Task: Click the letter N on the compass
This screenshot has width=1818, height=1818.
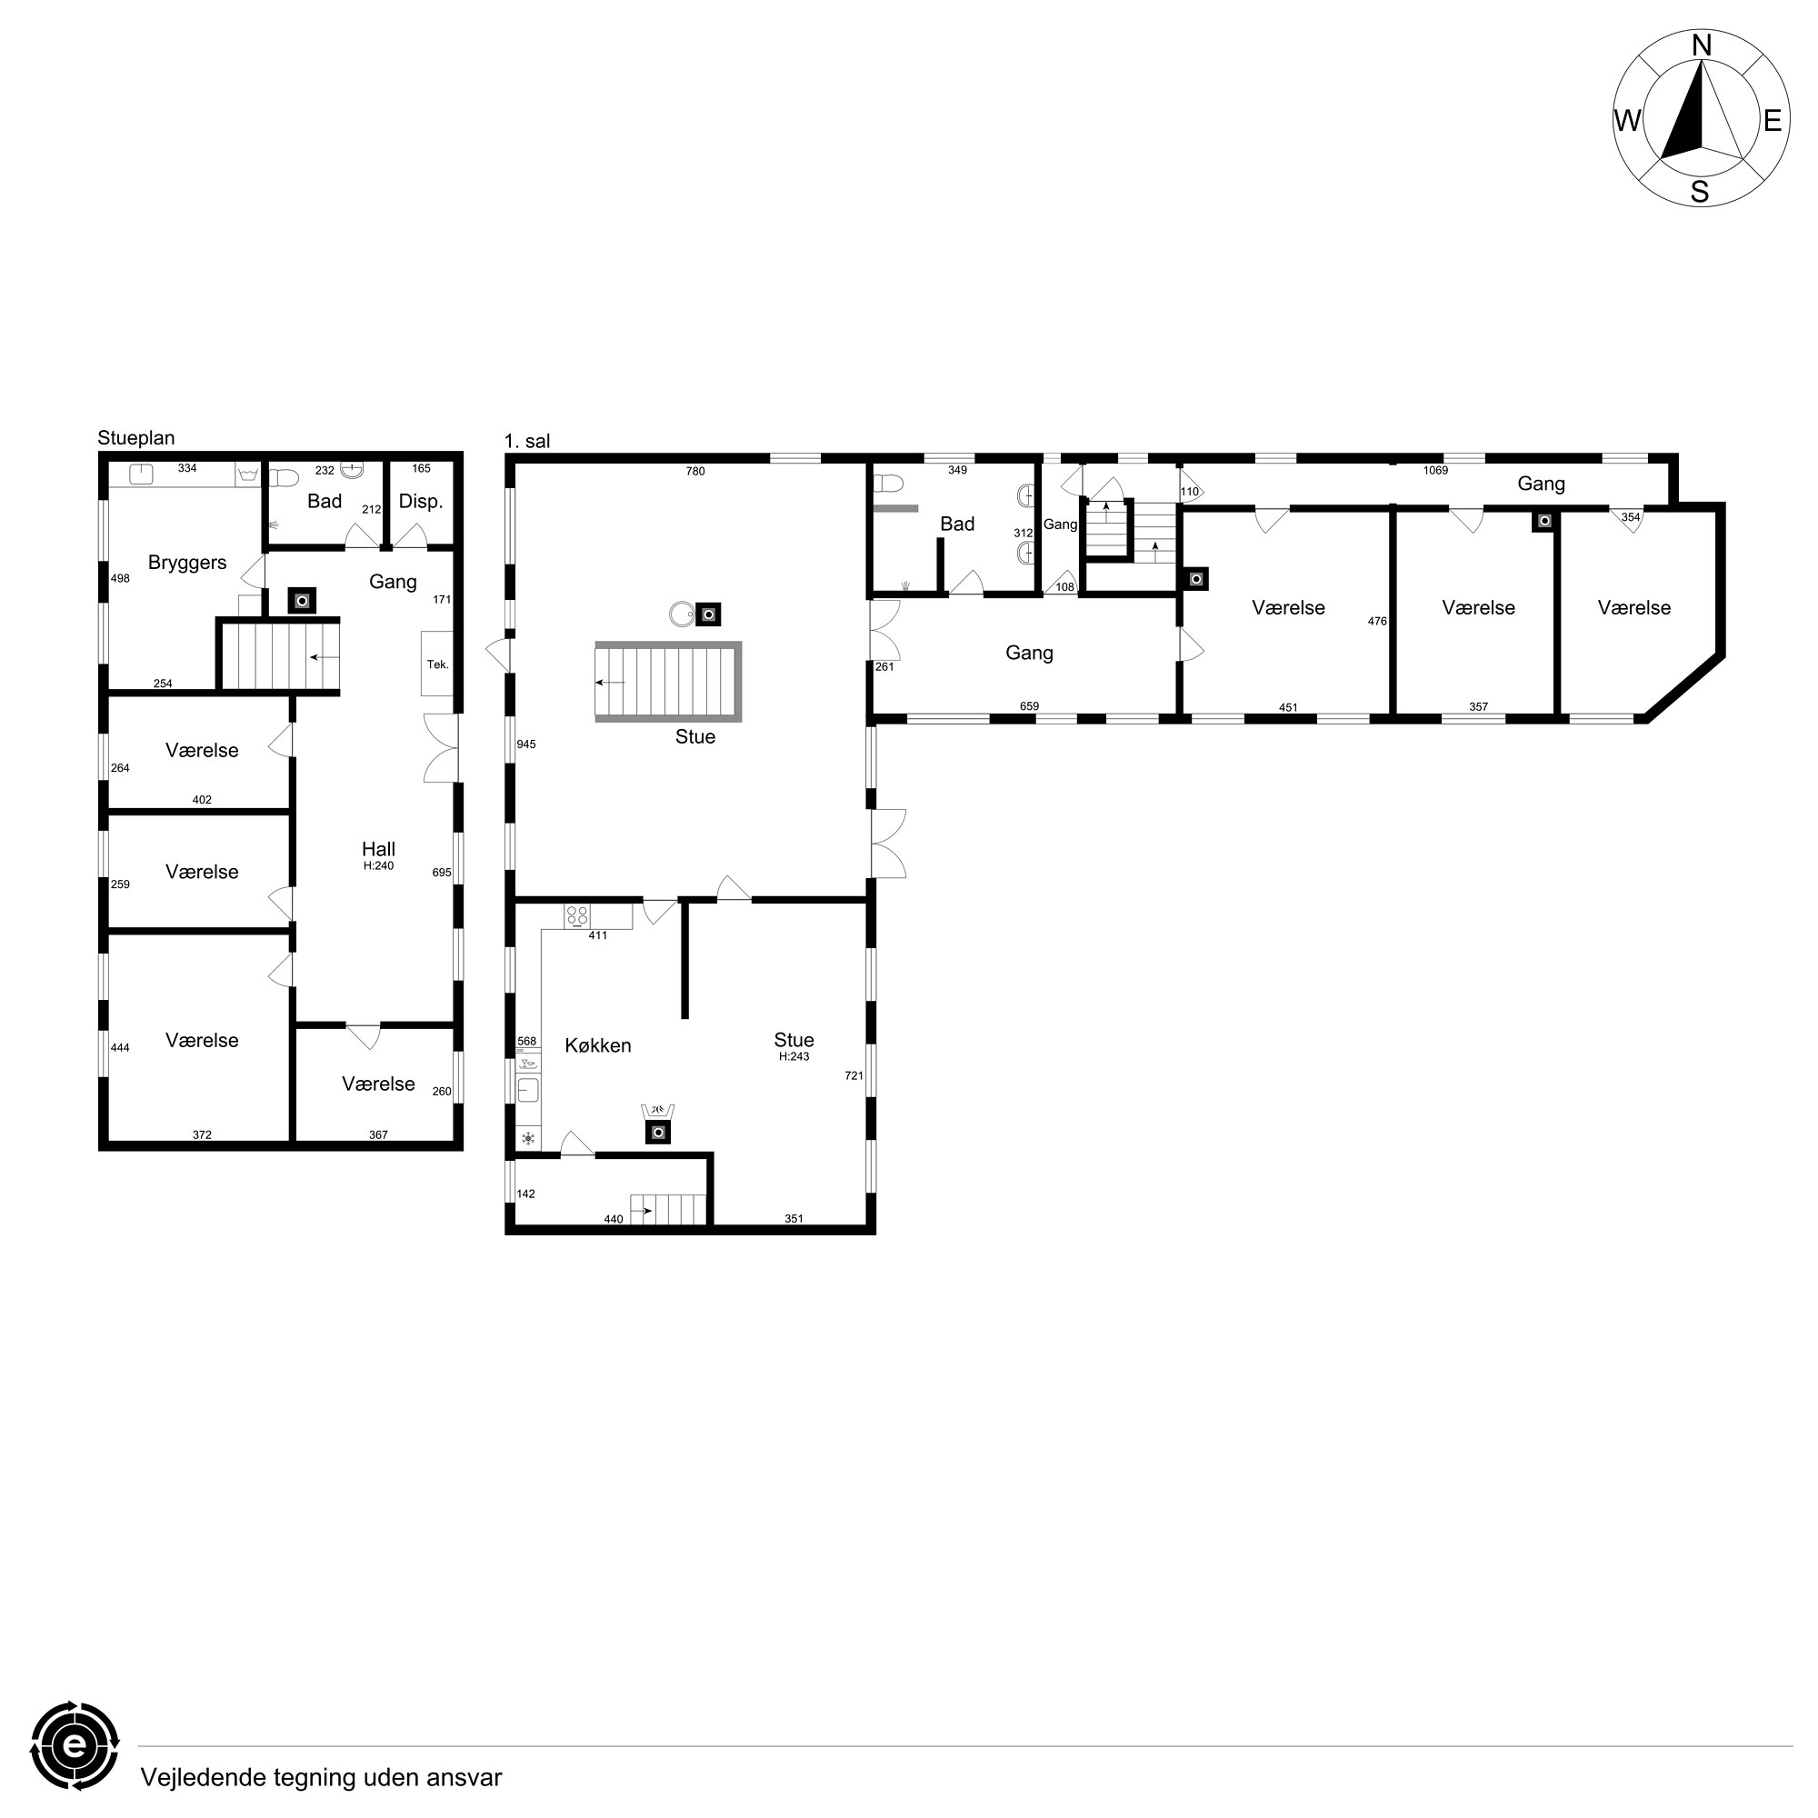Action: pyautogui.click(x=1702, y=45)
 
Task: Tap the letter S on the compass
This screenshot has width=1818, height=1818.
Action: pyautogui.click(x=1700, y=192)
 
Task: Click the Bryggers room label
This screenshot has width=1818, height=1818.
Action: pyautogui.click(x=187, y=563)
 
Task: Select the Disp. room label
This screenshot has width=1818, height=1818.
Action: pyautogui.click(x=421, y=502)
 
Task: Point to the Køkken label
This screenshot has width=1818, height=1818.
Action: pyautogui.click(x=597, y=1045)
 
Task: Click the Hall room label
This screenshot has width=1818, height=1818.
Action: pyautogui.click(x=378, y=849)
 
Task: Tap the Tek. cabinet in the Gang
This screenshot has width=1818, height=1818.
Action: pyautogui.click(x=437, y=663)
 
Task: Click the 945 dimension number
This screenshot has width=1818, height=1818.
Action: pyautogui.click(x=526, y=744)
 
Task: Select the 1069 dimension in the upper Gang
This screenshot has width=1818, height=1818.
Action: pyautogui.click(x=1435, y=471)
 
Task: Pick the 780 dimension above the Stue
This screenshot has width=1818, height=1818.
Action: pyautogui.click(x=695, y=472)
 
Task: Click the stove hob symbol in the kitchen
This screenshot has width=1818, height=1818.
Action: pyautogui.click(x=578, y=915)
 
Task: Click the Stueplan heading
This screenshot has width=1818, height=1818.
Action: pyautogui.click(x=136, y=438)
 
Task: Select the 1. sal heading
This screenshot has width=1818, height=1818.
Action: pyautogui.click(x=527, y=442)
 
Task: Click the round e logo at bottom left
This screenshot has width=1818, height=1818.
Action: pyautogui.click(x=75, y=1745)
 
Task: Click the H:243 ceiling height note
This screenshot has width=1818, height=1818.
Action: pyautogui.click(x=794, y=1057)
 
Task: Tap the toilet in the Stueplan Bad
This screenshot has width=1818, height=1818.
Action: pyautogui.click(x=284, y=478)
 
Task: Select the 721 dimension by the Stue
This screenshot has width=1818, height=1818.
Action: pyautogui.click(x=854, y=1075)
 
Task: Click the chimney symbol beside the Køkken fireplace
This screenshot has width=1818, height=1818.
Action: pyautogui.click(x=659, y=1132)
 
